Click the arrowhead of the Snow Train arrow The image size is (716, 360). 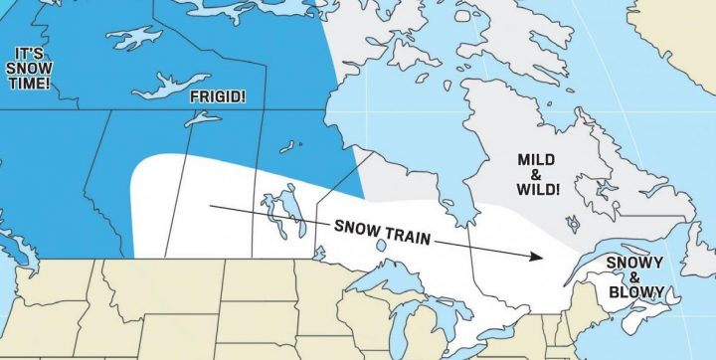[536, 256]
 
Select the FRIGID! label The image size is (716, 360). [216, 97]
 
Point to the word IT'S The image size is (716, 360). [27, 51]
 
